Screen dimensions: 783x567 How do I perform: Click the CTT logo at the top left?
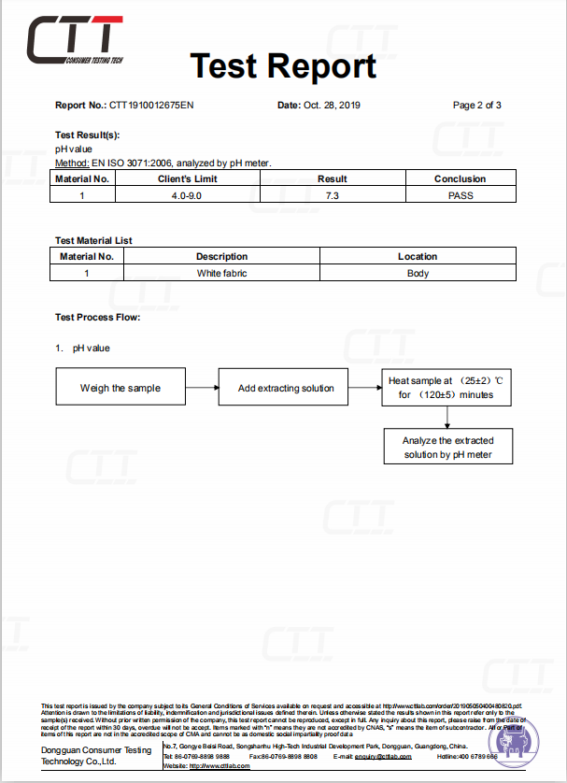pyautogui.click(x=75, y=41)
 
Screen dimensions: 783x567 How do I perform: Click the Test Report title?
pyautogui.click(x=283, y=65)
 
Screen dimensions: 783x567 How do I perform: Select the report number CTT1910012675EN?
pyautogui.click(x=151, y=105)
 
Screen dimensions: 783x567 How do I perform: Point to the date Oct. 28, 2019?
pyautogui.click(x=332, y=105)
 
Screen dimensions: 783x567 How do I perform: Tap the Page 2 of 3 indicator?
pyautogui.click(x=476, y=105)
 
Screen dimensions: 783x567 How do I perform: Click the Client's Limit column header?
pyautogui.click(x=187, y=178)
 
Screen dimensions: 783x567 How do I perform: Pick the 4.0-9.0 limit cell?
pyautogui.click(x=187, y=195)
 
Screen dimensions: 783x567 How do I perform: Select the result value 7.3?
pyautogui.click(x=332, y=195)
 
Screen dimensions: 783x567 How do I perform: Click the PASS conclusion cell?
pyautogui.click(x=461, y=195)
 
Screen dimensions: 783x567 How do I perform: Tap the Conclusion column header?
pyautogui.click(x=461, y=178)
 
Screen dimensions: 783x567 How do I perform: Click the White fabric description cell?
pyautogui.click(x=221, y=273)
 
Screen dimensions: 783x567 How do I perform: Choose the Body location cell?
pyautogui.click(x=418, y=273)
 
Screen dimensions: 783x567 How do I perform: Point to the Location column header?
pyautogui.click(x=418, y=256)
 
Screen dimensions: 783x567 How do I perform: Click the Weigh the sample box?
pyautogui.click(x=120, y=388)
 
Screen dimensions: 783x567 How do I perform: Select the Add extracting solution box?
pyautogui.click(x=286, y=388)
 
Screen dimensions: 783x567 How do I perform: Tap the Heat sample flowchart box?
pyautogui.click(x=447, y=388)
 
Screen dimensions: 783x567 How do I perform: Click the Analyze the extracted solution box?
pyautogui.click(x=447, y=447)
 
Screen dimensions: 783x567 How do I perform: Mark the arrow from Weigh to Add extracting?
pyautogui.click(x=201, y=388)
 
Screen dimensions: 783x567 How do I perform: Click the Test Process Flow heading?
pyautogui.click(x=97, y=318)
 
